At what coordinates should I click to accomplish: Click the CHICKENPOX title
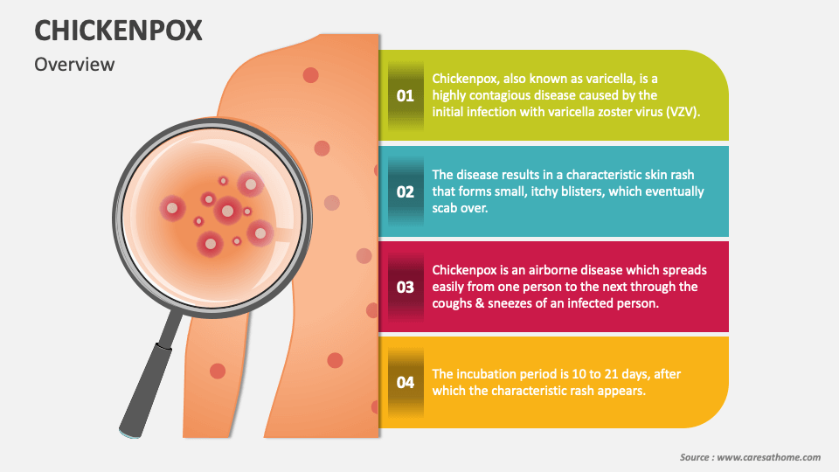pos(118,31)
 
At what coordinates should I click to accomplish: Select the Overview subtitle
pos(74,64)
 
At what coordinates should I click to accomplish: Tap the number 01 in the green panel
pos(406,95)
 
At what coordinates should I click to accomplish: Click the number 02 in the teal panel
pos(406,191)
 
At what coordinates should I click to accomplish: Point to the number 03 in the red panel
pos(406,287)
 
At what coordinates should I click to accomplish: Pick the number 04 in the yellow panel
pos(406,382)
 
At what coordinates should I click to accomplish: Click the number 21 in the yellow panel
pos(611,373)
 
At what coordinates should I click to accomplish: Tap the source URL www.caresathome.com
pos(768,457)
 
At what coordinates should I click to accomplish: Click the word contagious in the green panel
pos(503,95)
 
